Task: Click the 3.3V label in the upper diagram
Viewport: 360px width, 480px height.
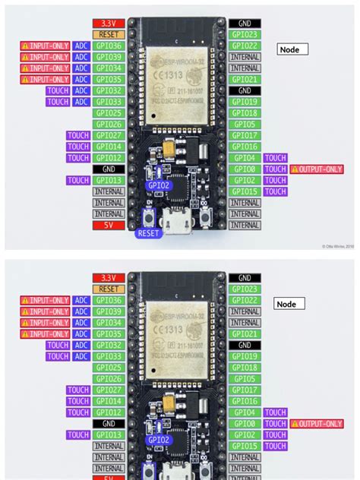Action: click(108, 24)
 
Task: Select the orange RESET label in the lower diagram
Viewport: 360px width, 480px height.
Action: click(108, 289)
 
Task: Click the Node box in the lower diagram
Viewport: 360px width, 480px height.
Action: click(289, 304)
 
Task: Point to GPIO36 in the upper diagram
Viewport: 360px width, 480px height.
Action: click(108, 46)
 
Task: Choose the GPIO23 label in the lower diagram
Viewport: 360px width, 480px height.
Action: click(245, 289)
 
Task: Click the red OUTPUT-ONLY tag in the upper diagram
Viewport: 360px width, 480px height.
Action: click(316, 169)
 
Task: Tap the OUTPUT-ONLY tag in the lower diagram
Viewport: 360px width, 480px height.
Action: click(316, 424)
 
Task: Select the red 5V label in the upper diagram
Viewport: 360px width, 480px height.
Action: click(108, 225)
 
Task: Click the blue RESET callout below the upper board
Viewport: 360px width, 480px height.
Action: click(149, 233)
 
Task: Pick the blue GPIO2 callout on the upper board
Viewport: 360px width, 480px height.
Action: click(158, 184)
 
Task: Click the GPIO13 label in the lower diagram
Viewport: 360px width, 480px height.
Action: click(108, 434)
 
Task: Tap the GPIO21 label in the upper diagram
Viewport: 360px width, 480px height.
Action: click(245, 79)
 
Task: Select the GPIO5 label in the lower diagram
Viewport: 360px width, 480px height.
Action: click(245, 378)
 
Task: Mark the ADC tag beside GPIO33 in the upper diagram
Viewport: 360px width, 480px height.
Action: click(81, 102)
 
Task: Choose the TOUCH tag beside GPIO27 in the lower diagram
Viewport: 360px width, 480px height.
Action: click(78, 390)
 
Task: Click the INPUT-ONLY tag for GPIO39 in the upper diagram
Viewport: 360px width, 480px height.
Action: click(45, 57)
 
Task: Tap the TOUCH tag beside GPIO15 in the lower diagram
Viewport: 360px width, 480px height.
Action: click(275, 446)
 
